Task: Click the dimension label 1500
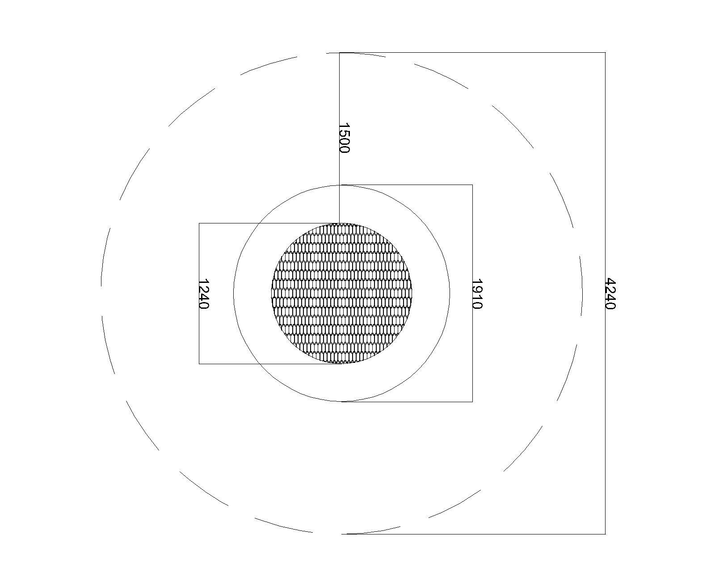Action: tap(344, 138)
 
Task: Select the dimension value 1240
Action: tap(204, 294)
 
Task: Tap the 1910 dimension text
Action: tap(477, 294)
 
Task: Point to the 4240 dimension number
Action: tap(610, 294)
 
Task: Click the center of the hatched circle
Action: tap(341, 293)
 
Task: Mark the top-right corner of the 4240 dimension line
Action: tap(606, 53)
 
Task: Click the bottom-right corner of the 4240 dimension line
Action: tap(606, 534)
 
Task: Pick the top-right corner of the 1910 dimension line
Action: tap(472, 185)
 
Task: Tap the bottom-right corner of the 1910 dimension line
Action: tap(472, 402)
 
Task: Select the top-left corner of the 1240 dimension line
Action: tap(199, 223)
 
